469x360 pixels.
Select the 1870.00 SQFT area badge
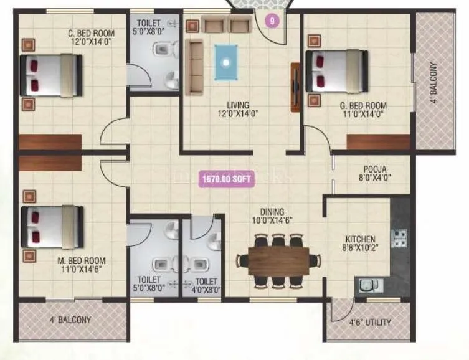(x=226, y=179)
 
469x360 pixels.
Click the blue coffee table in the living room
(x=226, y=62)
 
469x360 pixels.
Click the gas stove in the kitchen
(x=399, y=237)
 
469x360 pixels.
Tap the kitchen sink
(x=367, y=286)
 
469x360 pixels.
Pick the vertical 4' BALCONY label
(x=433, y=82)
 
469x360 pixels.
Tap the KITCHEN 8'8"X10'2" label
(x=361, y=243)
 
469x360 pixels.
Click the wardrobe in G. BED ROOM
(x=379, y=143)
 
